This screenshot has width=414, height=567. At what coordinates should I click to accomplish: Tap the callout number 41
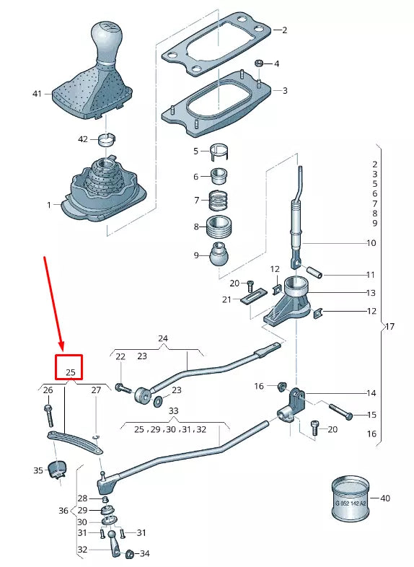point(38,94)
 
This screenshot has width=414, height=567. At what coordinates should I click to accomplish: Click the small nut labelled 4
point(259,64)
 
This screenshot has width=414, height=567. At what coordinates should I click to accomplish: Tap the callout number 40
point(384,498)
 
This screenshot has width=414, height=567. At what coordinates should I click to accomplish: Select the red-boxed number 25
point(71,372)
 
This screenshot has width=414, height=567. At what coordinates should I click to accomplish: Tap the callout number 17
point(390,326)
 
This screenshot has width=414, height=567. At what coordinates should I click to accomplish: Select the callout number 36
point(63,511)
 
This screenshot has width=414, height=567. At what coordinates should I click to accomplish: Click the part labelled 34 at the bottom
point(131,554)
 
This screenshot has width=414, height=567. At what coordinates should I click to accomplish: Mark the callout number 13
point(371,294)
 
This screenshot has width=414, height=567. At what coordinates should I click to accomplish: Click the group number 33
point(173,410)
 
